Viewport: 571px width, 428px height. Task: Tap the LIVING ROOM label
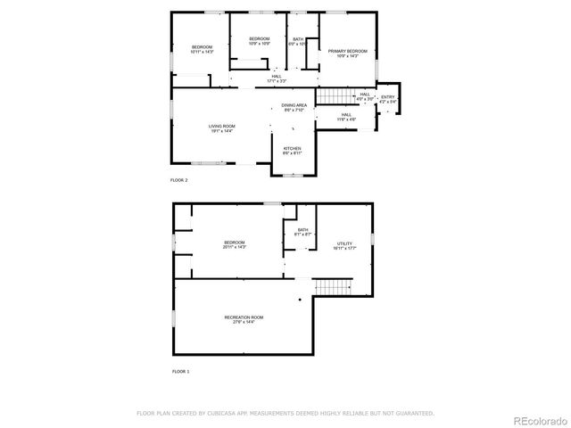222,128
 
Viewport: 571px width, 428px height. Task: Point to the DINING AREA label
294,108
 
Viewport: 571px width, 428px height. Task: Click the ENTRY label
387,98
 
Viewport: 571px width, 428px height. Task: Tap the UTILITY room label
344,245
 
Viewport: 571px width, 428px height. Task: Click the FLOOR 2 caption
179,180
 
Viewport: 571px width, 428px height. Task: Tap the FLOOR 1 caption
179,370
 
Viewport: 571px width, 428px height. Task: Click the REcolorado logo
537,419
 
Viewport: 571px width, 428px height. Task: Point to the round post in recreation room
301,300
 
